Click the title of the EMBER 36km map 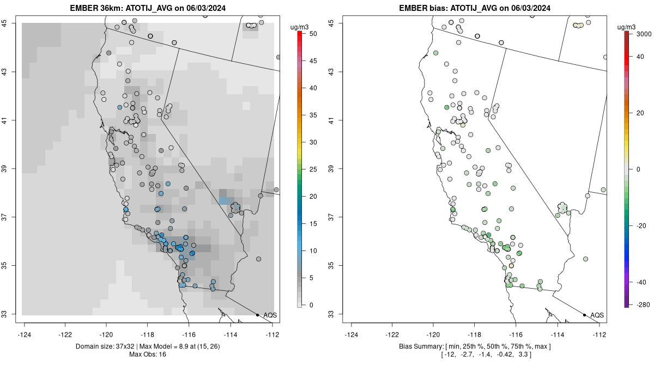click(148, 8)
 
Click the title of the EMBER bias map click(475, 8)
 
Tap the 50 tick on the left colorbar click(313, 34)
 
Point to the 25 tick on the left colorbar click(313, 169)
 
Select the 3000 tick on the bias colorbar click(644, 34)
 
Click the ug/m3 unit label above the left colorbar click(299, 27)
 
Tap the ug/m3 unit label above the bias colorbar click(626, 27)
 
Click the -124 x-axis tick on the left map click(24, 334)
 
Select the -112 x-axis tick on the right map click(599, 334)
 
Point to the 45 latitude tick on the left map click(4, 23)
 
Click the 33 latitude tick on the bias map click(331, 314)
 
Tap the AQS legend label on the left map click(270, 315)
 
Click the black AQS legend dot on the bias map click(584, 315)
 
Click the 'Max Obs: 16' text click(148, 355)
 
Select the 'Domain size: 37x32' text click(105, 346)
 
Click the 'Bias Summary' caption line click(475, 346)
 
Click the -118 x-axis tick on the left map click(148, 334)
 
